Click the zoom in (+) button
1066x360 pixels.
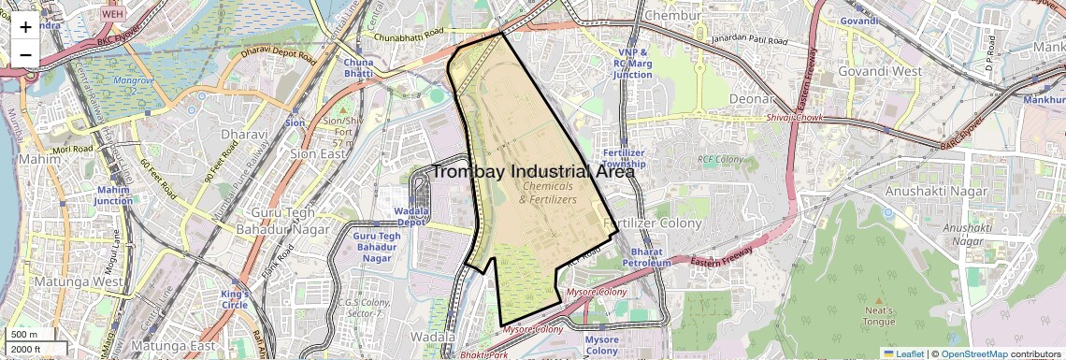25,26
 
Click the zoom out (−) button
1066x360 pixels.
25,54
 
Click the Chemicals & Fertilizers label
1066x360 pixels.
548,193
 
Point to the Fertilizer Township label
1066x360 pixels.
625,158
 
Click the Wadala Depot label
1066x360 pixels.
411,217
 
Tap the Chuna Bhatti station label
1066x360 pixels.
358,67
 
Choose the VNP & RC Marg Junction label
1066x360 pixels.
633,63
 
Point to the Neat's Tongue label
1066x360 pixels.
879,316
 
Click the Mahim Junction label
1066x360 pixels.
114,194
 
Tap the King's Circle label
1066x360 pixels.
235,299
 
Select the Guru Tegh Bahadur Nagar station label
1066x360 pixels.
377,247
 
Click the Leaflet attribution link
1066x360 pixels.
903,353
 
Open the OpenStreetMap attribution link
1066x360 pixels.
974,353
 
